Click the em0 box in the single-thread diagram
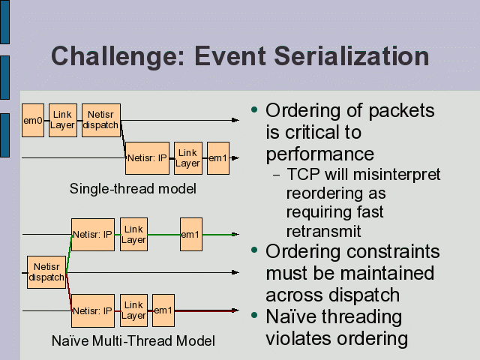coord(33,120)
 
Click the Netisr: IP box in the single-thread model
coord(147,158)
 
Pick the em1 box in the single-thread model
coord(217,158)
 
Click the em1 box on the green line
coord(190,235)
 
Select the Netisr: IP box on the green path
coord(93,235)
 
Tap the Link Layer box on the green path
coord(133,235)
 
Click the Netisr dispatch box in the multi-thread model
coord(46,272)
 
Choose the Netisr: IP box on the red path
coord(93,310)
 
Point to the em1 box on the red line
coord(163,310)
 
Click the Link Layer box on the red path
coord(133,310)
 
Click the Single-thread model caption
coord(133,188)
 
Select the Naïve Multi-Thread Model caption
coord(133,341)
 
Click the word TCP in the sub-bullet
coord(302,175)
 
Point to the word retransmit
coord(323,231)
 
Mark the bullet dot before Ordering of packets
coord(255,110)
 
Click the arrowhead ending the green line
coord(237,235)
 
